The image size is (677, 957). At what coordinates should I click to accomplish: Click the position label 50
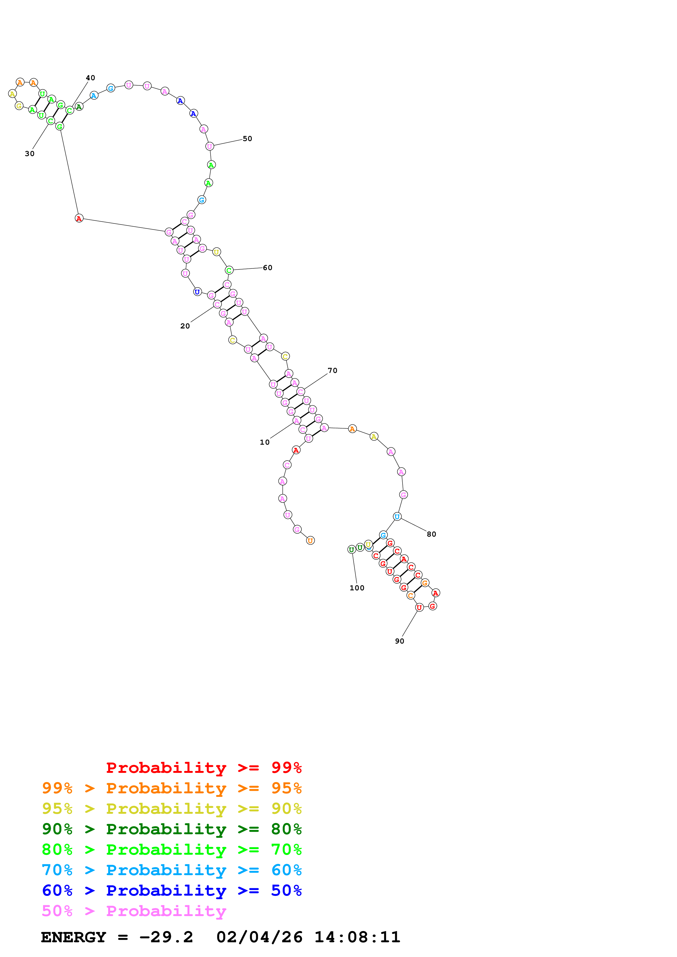[247, 139]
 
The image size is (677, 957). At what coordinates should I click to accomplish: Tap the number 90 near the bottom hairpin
[399, 641]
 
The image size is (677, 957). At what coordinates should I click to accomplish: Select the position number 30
[29, 154]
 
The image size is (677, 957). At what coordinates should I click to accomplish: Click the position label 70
[332, 370]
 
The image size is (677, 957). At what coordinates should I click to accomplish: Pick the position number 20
[185, 326]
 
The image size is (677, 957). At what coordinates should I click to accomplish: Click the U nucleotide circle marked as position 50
[209, 146]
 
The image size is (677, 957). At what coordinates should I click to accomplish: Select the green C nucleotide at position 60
[229, 270]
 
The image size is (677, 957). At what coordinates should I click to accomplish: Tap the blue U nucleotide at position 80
[397, 517]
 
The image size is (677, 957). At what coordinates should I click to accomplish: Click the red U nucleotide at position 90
[419, 607]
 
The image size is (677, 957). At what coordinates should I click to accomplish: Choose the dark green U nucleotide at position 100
[352, 550]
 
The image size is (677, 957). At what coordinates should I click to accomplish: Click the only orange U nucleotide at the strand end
[310, 541]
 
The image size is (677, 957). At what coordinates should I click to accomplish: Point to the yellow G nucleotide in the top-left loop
[19, 106]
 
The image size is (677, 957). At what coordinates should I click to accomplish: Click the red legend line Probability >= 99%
[204, 768]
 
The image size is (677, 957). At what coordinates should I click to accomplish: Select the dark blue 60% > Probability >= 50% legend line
[172, 891]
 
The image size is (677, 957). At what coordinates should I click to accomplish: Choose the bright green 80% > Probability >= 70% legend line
[172, 850]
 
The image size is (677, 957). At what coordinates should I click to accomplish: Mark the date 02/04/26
[259, 937]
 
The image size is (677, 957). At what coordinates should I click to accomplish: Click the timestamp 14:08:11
[357, 937]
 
